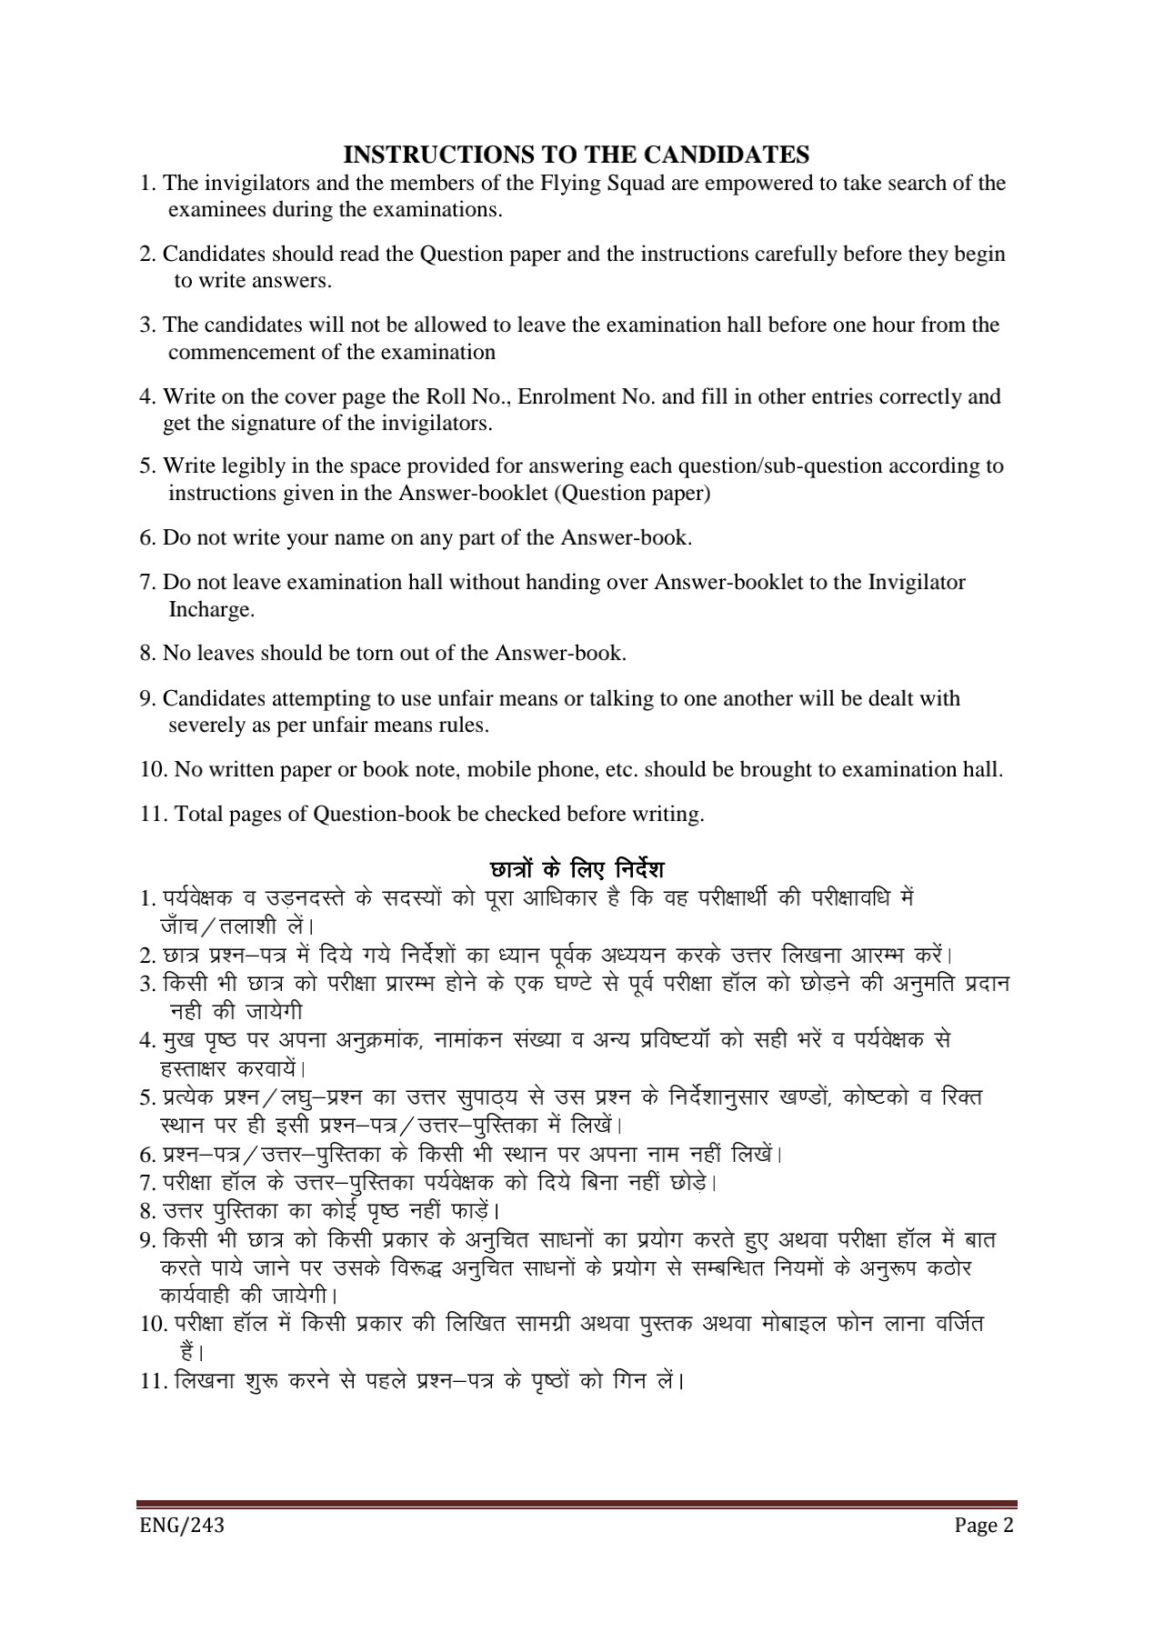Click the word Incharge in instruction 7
[x=211, y=609]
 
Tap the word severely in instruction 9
[x=205, y=726]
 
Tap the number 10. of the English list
[x=154, y=769]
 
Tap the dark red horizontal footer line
[x=577, y=1505]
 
